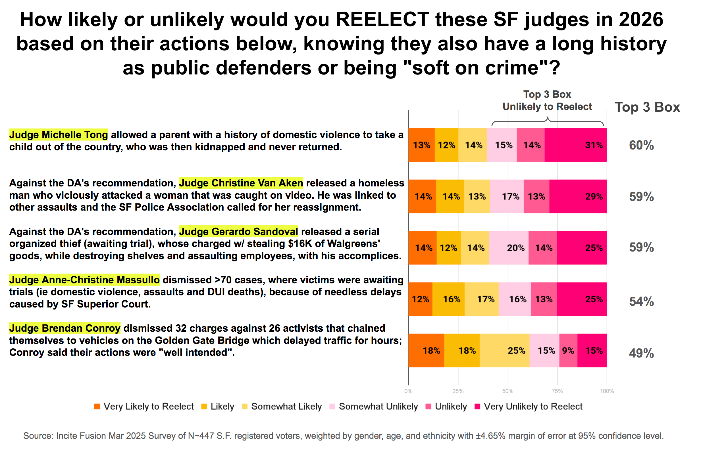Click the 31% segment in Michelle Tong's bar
tap(575, 145)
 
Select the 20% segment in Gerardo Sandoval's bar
tap(508, 248)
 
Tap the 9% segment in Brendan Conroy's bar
tap(568, 351)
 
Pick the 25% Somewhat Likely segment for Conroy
tap(504, 351)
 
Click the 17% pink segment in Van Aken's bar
tap(507, 196)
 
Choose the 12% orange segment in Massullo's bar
tap(420, 299)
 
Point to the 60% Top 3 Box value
tap(641, 145)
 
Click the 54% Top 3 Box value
tap(641, 302)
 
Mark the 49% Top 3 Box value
tap(641, 353)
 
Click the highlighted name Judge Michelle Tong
tap(59, 135)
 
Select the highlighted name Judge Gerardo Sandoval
tap(238, 232)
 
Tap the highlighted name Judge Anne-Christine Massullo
tap(84, 280)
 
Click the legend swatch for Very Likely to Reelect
tap(97, 406)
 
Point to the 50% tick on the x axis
tap(508, 391)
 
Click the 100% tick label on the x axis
tap(607, 391)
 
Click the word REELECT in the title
tap(382, 20)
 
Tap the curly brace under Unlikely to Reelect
tap(547, 121)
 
